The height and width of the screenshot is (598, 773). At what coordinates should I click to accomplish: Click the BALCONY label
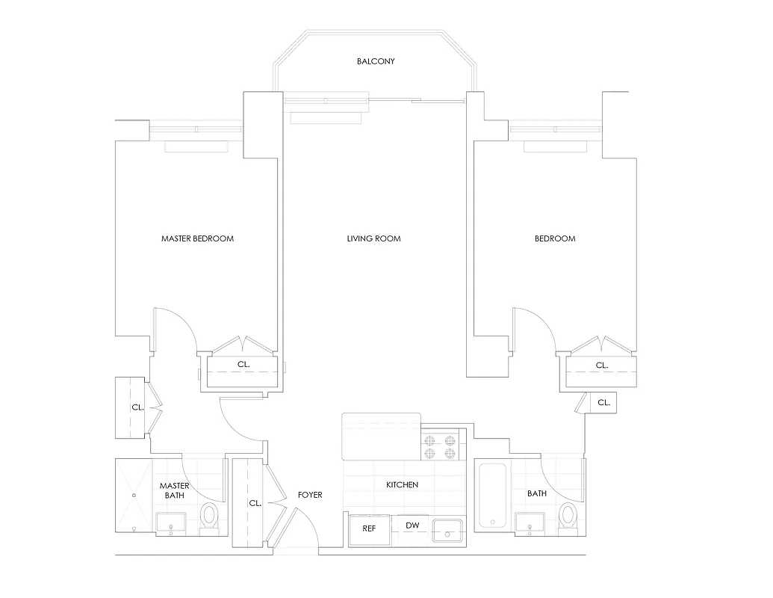[x=375, y=61]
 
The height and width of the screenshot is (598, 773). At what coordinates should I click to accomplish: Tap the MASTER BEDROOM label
[x=197, y=239]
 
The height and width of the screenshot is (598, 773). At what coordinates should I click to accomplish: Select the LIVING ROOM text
[x=373, y=239]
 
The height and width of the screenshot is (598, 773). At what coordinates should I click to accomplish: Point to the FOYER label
[x=310, y=495]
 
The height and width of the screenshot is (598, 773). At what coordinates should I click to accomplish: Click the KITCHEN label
[x=402, y=485]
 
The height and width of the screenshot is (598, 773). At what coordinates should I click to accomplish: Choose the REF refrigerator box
[x=369, y=528]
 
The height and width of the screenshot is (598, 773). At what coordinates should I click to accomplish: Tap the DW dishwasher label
[x=412, y=525]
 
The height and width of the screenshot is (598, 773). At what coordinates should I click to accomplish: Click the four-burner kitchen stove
[x=440, y=446]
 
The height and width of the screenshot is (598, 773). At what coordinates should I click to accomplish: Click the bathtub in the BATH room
[x=493, y=495]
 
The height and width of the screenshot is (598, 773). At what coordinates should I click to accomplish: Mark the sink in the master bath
[x=172, y=525]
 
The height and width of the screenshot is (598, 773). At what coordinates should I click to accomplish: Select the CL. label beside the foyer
[x=255, y=503]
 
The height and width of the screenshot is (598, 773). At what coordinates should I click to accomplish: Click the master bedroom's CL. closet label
[x=243, y=365]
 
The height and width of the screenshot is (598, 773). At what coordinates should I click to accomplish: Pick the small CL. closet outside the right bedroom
[x=603, y=402]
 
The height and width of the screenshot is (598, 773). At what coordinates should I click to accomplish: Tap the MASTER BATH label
[x=173, y=490]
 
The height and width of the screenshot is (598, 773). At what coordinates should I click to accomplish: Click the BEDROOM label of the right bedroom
[x=555, y=239]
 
